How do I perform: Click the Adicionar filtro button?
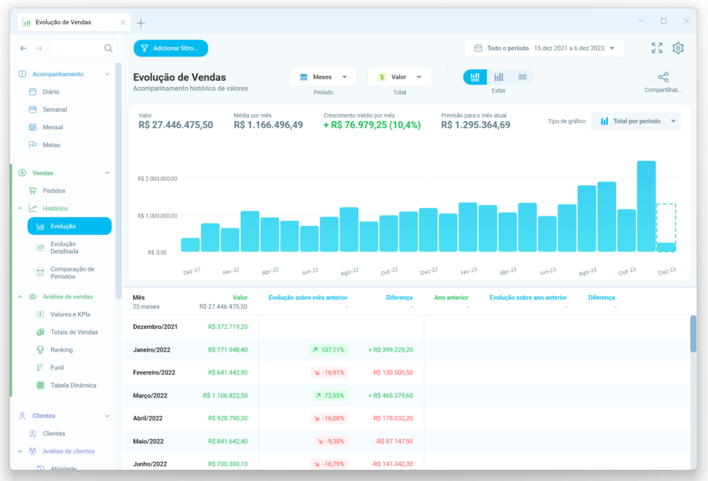click(171, 48)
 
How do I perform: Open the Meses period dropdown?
click(323, 77)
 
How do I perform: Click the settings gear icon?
click(678, 48)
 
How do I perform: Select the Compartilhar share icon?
click(663, 77)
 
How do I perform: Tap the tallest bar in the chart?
click(646, 206)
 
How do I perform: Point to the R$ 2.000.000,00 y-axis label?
click(158, 178)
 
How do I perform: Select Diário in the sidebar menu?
click(50, 92)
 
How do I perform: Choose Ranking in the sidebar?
click(62, 350)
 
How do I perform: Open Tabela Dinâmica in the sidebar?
click(73, 385)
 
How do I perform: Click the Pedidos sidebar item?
click(54, 191)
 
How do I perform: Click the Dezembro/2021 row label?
click(154, 327)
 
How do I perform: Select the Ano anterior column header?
click(451, 298)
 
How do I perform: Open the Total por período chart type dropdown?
click(636, 122)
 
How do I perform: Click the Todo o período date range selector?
click(544, 48)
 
